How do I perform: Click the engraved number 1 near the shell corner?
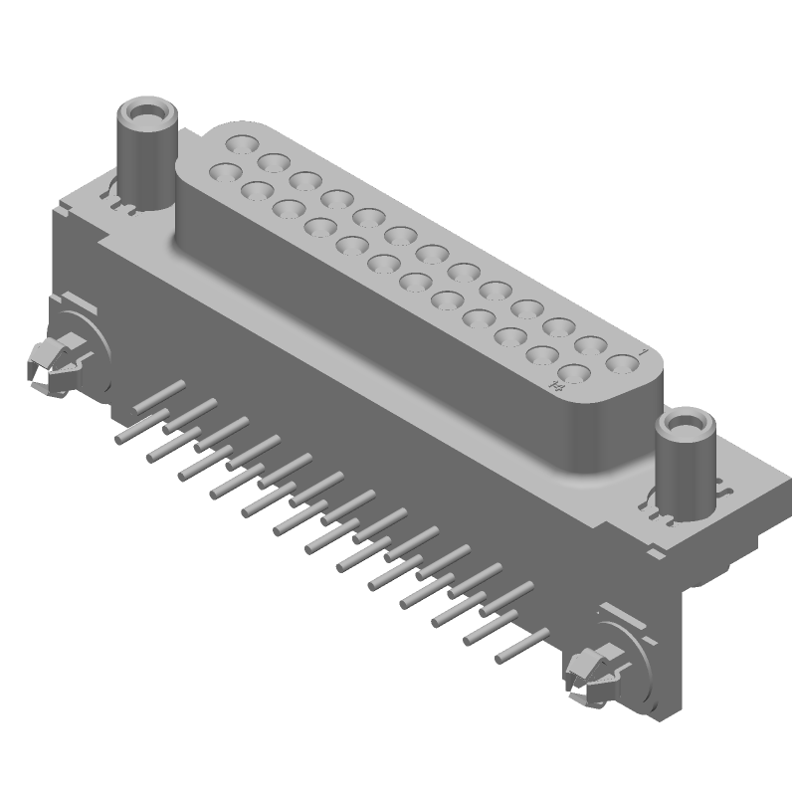pyautogui.click(x=646, y=353)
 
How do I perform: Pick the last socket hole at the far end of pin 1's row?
pyautogui.click(x=240, y=145)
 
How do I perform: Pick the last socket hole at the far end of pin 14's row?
pyautogui.click(x=223, y=171)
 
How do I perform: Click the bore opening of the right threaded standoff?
pyautogui.click(x=686, y=425)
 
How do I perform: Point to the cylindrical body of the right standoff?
pyautogui.click(x=685, y=468)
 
